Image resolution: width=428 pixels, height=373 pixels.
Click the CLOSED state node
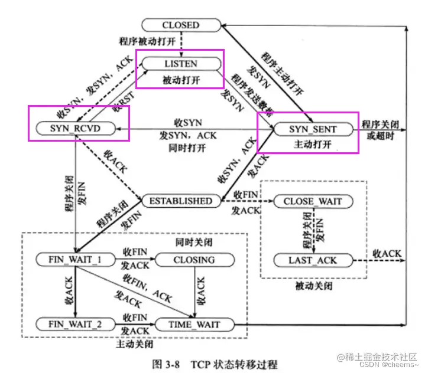(x=180, y=25)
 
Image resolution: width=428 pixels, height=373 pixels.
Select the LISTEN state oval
(x=180, y=63)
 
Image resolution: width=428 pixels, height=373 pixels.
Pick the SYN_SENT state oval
(x=313, y=129)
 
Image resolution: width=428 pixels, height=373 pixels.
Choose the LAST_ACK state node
(x=313, y=260)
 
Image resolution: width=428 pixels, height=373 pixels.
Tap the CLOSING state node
(x=194, y=260)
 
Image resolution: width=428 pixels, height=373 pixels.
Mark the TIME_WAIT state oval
(x=194, y=324)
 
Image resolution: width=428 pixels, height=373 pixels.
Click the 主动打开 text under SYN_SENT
(x=313, y=143)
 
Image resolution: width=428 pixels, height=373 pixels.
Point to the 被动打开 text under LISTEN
(x=180, y=78)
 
